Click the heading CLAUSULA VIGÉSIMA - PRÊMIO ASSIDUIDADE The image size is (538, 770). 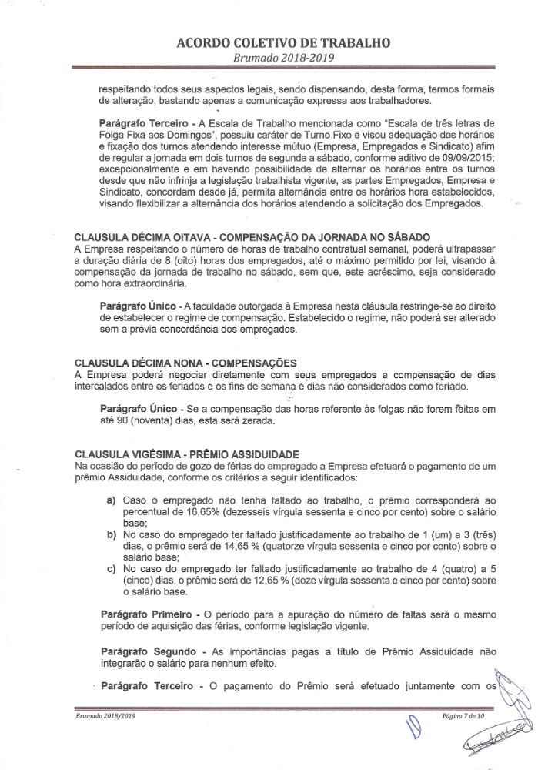[x=187, y=454]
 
